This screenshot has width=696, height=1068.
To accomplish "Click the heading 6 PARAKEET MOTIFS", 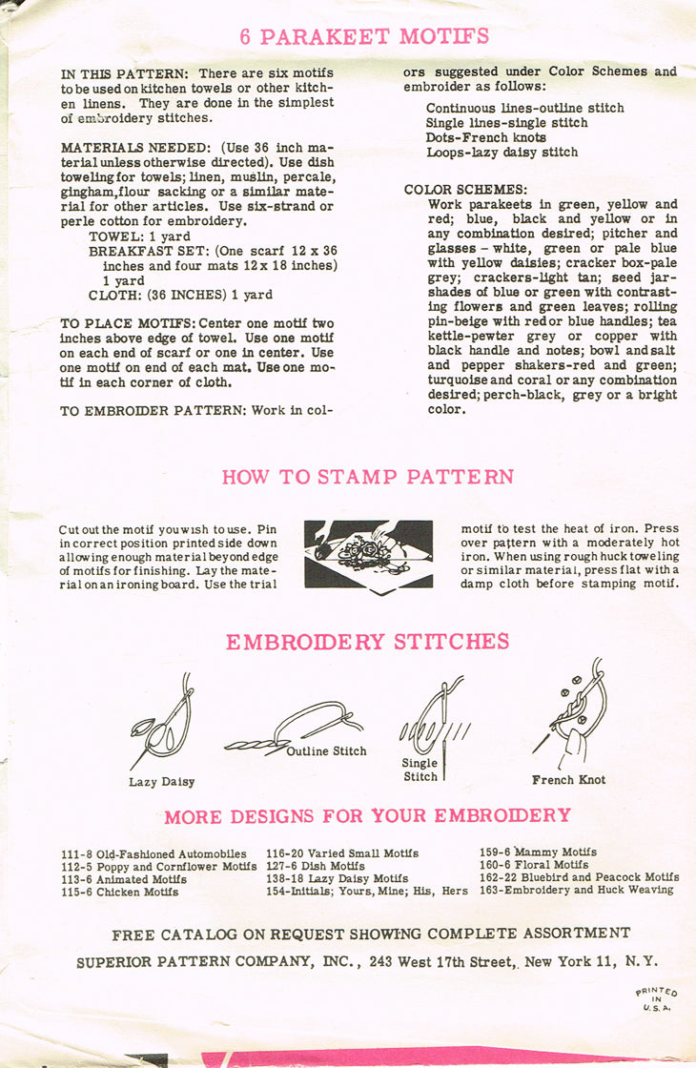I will pyautogui.click(x=364, y=37).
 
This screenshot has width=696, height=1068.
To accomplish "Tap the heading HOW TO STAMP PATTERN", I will pyautogui.click(x=368, y=477).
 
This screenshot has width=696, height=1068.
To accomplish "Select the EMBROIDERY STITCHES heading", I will pyautogui.click(x=367, y=642).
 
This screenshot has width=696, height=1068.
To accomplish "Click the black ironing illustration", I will pyautogui.click(x=368, y=553).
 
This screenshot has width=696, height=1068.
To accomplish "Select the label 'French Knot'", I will pyautogui.click(x=568, y=780).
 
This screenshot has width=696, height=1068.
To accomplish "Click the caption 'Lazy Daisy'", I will pyautogui.click(x=161, y=782).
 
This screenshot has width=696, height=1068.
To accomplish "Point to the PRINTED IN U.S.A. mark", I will pyautogui.click(x=656, y=998).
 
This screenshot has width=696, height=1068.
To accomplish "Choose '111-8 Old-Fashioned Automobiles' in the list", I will pyautogui.click(x=154, y=853).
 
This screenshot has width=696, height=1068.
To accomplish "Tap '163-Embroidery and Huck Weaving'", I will pyautogui.click(x=576, y=890).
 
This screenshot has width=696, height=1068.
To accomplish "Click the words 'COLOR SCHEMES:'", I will pyautogui.click(x=465, y=190).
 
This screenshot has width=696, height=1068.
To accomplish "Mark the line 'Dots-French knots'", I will pyautogui.click(x=488, y=137).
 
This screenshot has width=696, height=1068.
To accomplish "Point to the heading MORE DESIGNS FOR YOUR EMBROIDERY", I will pyautogui.click(x=367, y=816).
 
